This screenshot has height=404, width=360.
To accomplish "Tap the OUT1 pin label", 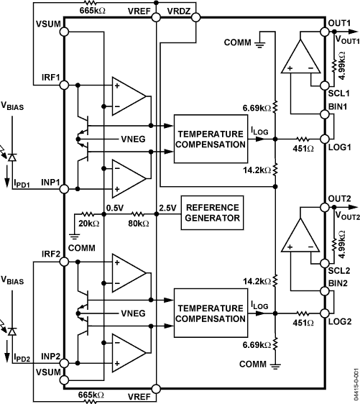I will click(x=339, y=23).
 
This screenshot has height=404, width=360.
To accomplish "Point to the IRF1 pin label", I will click(x=50, y=76).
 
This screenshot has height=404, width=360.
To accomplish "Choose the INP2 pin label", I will click(x=50, y=357).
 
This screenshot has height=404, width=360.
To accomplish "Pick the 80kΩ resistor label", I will click(x=138, y=224).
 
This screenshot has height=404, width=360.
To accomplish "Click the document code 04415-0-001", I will click(x=355, y=385).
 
